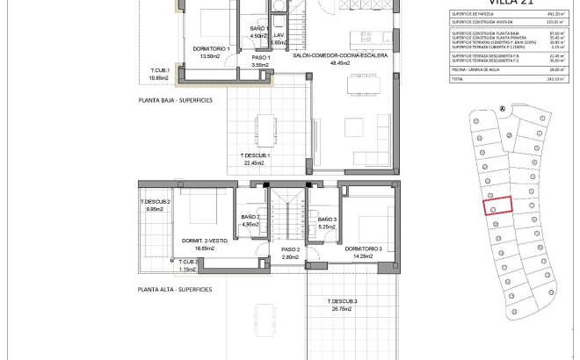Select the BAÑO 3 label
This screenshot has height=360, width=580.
(x=327, y=219)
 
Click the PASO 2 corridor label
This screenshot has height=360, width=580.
(x=291, y=249)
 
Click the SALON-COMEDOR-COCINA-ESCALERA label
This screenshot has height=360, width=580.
(x=334, y=54)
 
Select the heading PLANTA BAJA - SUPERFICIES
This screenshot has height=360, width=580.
(x=175, y=101)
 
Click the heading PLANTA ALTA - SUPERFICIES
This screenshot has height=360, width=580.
(x=175, y=288)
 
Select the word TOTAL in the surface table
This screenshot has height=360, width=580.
(x=457, y=79)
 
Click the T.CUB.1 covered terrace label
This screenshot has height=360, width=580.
(x=159, y=70)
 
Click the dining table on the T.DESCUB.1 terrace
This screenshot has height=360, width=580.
(x=262, y=125)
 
